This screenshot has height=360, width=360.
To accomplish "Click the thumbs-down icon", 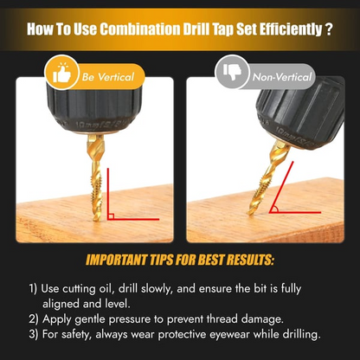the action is pyautogui.click(x=232, y=72).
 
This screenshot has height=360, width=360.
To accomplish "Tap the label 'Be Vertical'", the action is pyautogui.click(x=108, y=77).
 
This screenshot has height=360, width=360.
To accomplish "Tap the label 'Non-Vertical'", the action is pyautogui.click(x=282, y=77).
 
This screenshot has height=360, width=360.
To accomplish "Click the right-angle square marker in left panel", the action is pyautogui.click(x=111, y=216).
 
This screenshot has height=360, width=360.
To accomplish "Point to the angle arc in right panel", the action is pyautogui.click(x=276, y=209).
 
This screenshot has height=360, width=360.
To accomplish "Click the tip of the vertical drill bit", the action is pyautogui.click(x=97, y=221).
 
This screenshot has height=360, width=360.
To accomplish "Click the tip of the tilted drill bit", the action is pyautogui.click(x=249, y=214).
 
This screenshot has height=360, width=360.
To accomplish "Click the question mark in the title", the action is pyautogui.click(x=330, y=29).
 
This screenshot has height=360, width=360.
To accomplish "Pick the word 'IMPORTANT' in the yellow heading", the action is pyautogui.click(x=116, y=260).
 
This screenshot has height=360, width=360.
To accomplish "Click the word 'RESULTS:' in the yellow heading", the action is pyautogui.click(x=250, y=260).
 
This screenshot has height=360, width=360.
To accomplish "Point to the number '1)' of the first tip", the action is pyautogui.click(x=33, y=289).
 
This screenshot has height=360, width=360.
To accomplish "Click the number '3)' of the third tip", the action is pyautogui.click(x=34, y=335).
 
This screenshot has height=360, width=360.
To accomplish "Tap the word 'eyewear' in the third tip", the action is pyautogui.click(x=229, y=335).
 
